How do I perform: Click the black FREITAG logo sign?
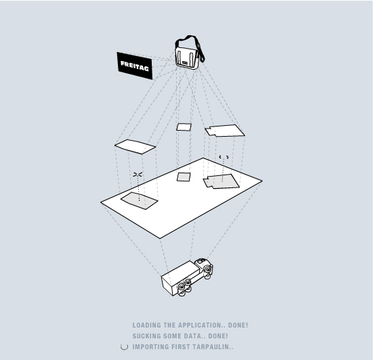tap(135, 66)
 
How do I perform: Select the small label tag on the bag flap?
tap(184, 63)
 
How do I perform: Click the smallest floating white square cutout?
tap(184, 127)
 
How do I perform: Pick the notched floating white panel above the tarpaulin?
tap(225, 131)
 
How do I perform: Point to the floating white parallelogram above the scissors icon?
tap(136, 147)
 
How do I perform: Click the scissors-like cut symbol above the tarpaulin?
tap(138, 175)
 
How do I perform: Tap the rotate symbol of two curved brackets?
tap(224, 157)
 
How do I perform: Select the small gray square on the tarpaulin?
tap(184, 177)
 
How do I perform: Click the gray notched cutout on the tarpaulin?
tap(222, 181)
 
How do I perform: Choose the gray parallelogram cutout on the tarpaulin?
tap(140, 200)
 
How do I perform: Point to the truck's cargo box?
tap(180, 277)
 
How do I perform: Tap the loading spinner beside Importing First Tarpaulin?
tap(124, 346)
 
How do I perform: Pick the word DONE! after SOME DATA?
tap(218, 336)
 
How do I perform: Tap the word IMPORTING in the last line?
tap(150, 346)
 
